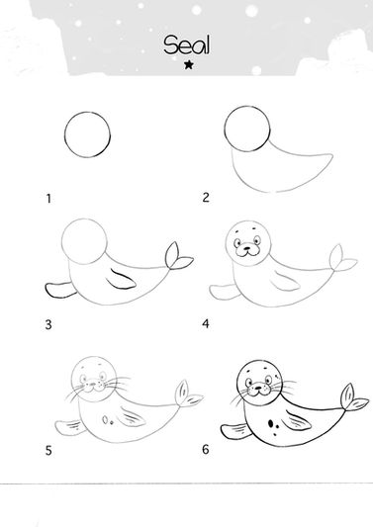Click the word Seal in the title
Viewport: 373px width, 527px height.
[187, 45]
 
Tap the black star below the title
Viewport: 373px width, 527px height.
[189, 64]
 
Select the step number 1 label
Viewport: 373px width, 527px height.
[48, 199]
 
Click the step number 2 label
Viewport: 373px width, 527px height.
[206, 198]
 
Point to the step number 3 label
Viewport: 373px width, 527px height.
[48, 324]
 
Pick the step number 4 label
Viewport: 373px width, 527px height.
[206, 323]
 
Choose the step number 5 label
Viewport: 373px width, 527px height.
[48, 450]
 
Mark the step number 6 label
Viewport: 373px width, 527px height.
[206, 449]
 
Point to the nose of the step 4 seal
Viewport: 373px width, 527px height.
[247, 249]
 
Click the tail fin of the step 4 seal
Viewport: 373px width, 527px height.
[340, 259]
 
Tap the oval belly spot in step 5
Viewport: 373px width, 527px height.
[105, 420]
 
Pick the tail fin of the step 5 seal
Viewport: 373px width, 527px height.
[186, 395]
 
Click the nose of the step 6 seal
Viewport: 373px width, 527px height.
[257, 388]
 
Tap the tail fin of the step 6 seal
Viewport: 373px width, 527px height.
[352, 397]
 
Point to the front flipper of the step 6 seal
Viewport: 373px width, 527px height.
[235, 431]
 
